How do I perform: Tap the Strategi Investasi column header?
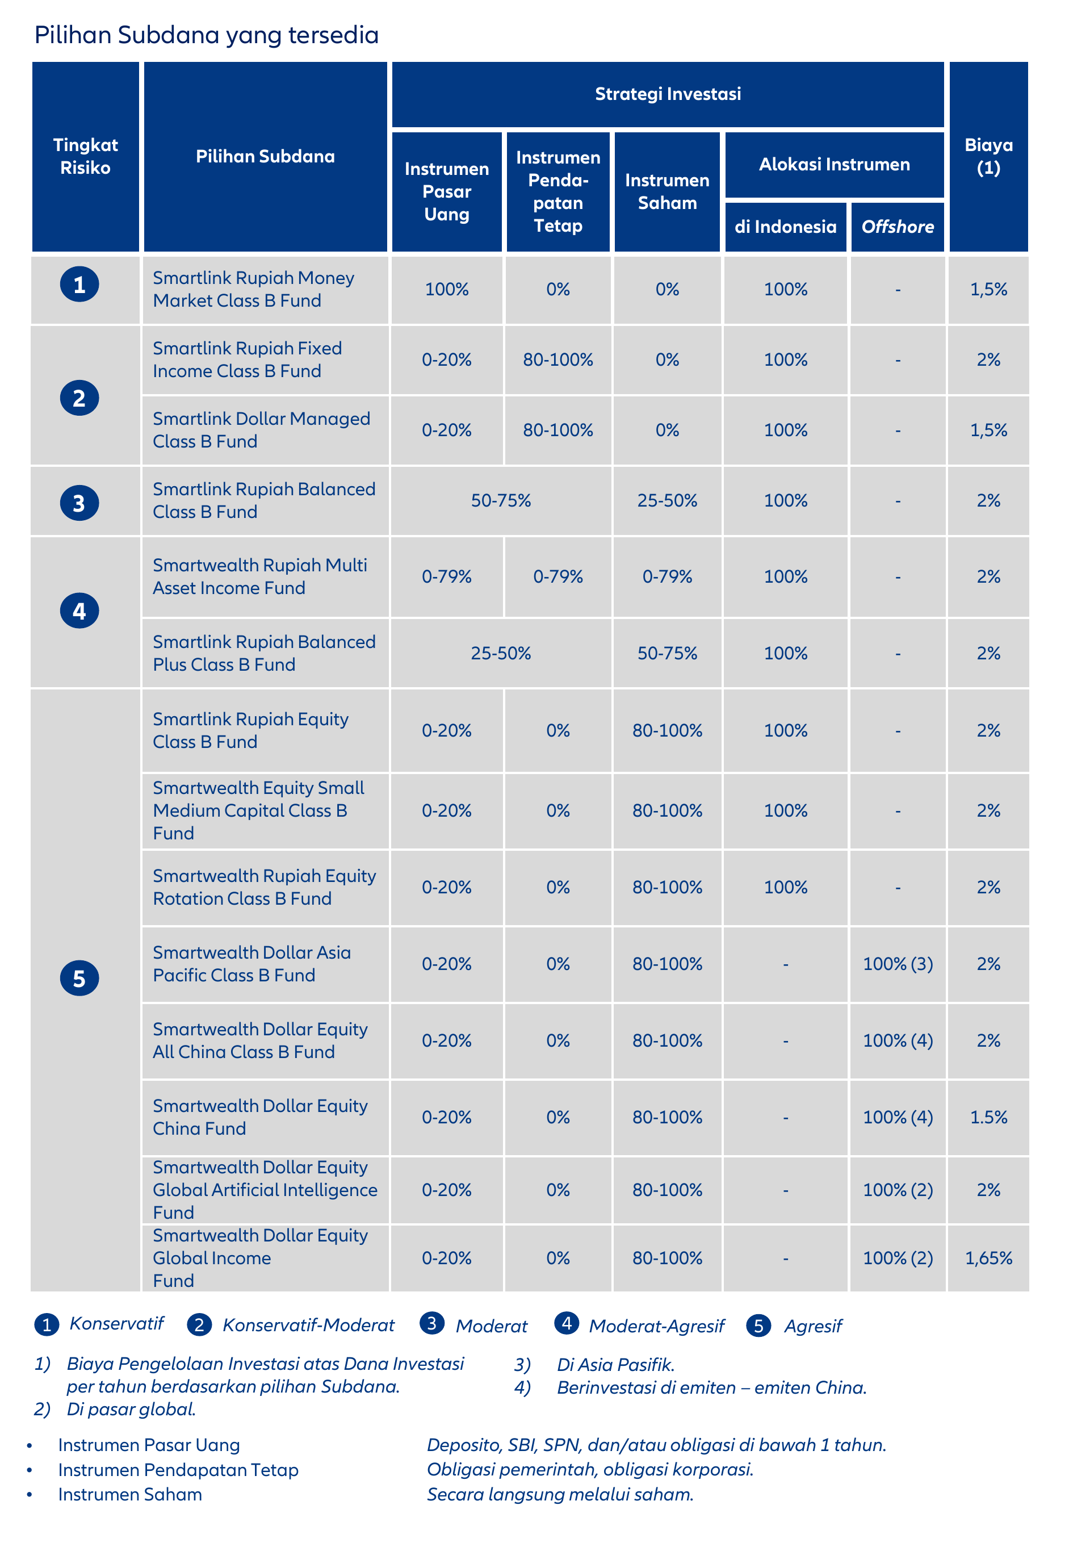[x=668, y=94]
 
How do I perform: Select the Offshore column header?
[x=898, y=227]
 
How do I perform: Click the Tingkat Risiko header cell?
[x=86, y=156]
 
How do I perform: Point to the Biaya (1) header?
[x=988, y=156]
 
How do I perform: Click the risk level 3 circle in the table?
[x=79, y=503]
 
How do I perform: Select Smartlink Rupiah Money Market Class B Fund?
[x=253, y=290]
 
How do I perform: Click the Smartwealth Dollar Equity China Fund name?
[x=260, y=1117]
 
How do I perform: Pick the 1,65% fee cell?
[x=988, y=1258]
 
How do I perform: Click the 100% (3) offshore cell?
[x=898, y=964]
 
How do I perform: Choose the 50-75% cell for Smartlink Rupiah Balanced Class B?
[x=501, y=500]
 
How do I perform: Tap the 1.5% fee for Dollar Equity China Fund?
[x=988, y=1117]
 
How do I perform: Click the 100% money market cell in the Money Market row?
[x=447, y=290]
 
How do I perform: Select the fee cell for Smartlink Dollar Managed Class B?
[x=988, y=430]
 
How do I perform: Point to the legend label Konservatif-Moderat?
[x=309, y=1325]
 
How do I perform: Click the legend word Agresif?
[x=813, y=1326]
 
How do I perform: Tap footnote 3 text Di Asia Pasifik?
[x=615, y=1365]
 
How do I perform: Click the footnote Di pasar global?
[x=131, y=1409]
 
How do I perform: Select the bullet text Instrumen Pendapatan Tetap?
[x=178, y=1470]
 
